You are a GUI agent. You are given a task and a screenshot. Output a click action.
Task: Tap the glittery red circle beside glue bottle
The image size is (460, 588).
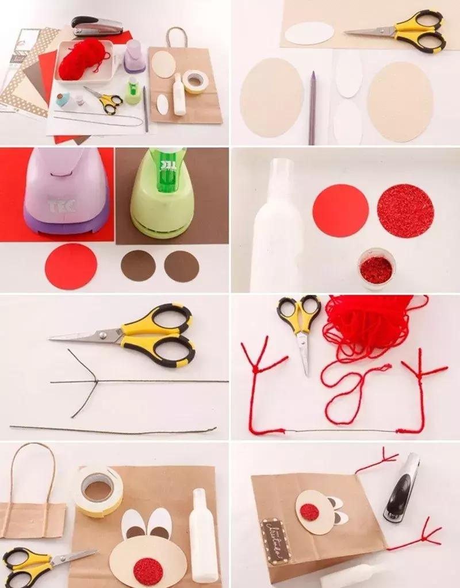405,212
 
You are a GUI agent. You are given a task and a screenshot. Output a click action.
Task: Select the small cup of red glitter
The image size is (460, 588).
376,268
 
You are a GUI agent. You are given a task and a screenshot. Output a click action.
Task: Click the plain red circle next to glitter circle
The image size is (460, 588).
340,210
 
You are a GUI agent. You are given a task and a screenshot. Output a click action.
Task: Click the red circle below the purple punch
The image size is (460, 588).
71,266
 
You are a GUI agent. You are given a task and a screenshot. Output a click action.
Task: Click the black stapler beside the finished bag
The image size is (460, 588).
402,488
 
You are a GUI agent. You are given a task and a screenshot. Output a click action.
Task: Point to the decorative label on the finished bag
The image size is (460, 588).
276,540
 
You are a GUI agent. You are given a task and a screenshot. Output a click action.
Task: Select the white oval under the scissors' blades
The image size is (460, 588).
309,33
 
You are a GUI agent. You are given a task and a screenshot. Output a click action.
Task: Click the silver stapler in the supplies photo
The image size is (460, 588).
98,26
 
